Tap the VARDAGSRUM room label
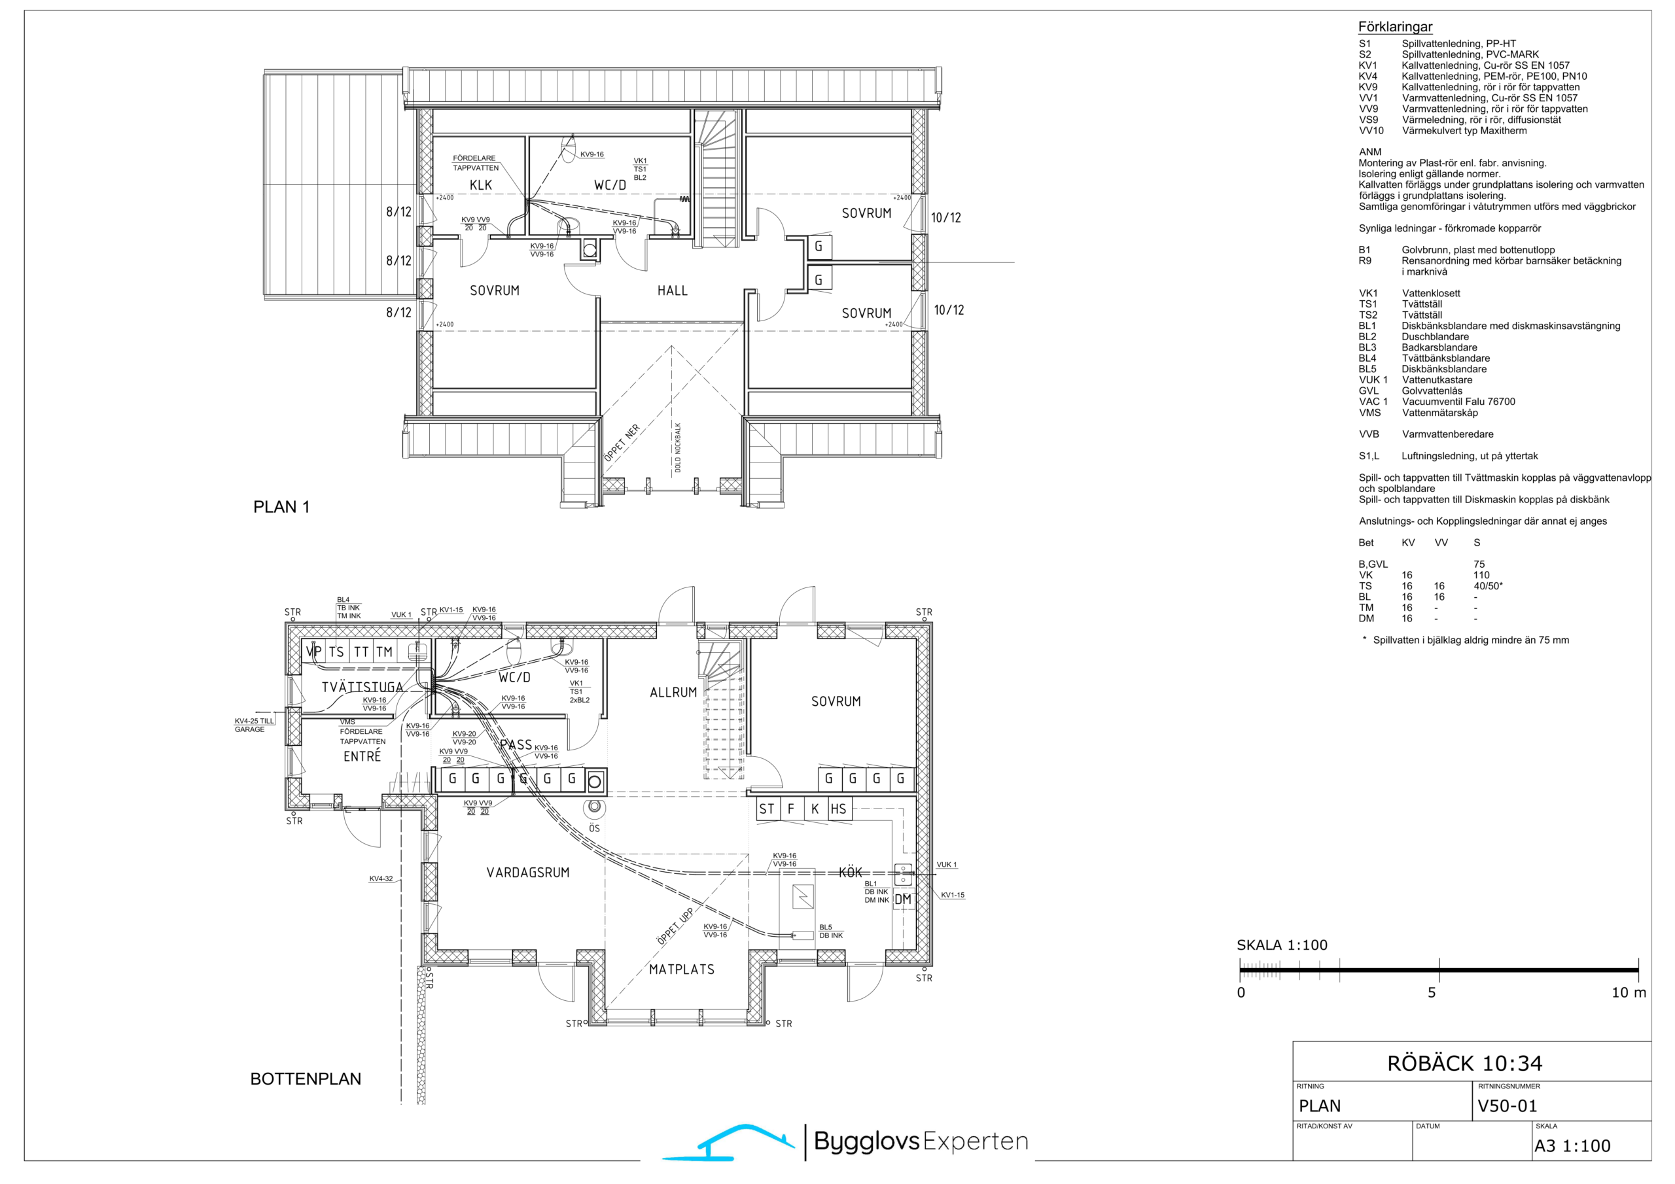pos(527,873)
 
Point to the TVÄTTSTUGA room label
pos(362,688)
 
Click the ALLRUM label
pos(673,692)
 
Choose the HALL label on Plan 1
pos(672,291)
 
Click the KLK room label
pos(481,185)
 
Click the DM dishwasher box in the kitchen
pos(903,899)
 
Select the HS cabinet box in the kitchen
pos(839,809)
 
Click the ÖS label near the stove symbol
pos(595,829)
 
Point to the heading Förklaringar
pos(1395,27)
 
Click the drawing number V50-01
pos(1506,1106)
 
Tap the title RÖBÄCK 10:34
pos(1465,1064)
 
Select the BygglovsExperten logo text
pos(921,1142)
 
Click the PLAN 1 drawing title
pos(281,507)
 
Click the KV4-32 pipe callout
pos(381,879)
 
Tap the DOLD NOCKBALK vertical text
pos(678,447)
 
